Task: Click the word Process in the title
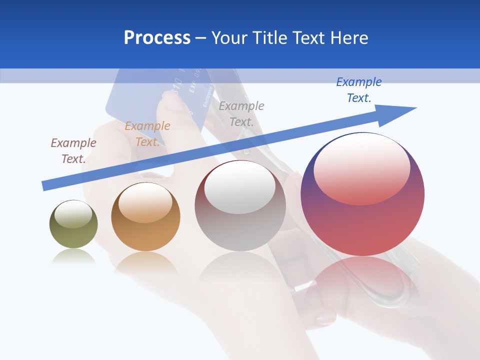(x=157, y=38)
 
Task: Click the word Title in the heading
(x=271, y=38)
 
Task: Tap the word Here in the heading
(x=348, y=38)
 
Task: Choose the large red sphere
(x=362, y=220)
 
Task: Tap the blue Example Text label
(x=359, y=90)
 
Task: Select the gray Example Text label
(x=241, y=113)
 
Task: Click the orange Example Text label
(x=147, y=134)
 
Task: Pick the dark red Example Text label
(x=73, y=150)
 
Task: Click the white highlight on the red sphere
(x=361, y=167)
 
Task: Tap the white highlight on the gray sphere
(x=240, y=188)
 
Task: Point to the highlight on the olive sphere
(x=73, y=214)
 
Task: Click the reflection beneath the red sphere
(x=362, y=280)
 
